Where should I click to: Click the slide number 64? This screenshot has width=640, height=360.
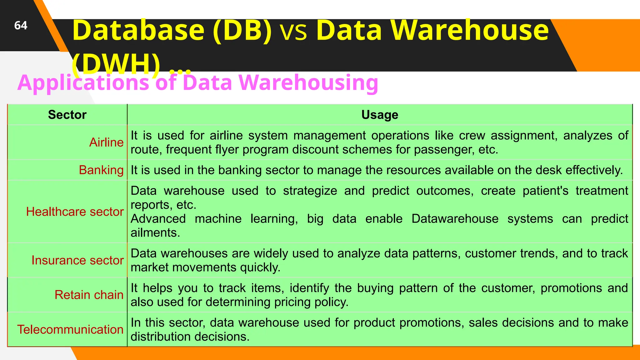pos(21,25)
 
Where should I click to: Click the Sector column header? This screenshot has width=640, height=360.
pos(67,115)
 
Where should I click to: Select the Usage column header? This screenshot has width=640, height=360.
pos(380,115)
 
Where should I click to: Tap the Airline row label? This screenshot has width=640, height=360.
pos(106,142)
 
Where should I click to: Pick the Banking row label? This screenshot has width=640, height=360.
pos(101,170)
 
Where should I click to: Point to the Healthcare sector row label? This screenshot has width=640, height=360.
pos(75,212)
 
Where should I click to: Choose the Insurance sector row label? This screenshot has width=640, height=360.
pos(77,260)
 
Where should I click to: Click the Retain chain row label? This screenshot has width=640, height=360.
pos(89,295)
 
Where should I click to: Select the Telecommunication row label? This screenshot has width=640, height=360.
pos(70,329)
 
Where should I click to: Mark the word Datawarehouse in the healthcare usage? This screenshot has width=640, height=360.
pos(455,219)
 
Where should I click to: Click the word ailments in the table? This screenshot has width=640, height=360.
pos(155,233)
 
